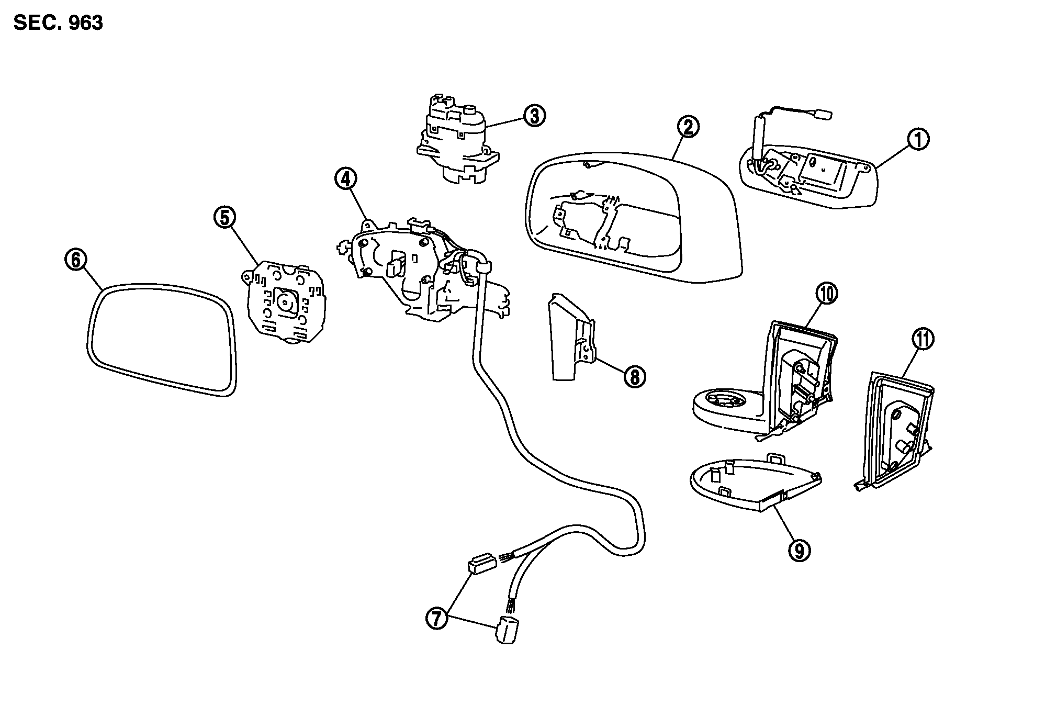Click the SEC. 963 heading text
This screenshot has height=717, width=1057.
(x=58, y=23)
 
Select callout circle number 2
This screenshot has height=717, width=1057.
(x=688, y=127)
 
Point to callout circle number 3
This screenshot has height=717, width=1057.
(x=534, y=116)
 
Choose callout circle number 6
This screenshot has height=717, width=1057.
(x=76, y=260)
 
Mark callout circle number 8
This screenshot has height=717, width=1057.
(x=634, y=376)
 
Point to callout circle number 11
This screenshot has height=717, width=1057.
(x=923, y=340)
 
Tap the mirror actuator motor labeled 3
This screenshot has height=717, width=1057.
(x=456, y=139)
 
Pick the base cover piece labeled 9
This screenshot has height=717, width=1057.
(x=754, y=484)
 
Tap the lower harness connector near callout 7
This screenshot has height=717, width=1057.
(x=505, y=629)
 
